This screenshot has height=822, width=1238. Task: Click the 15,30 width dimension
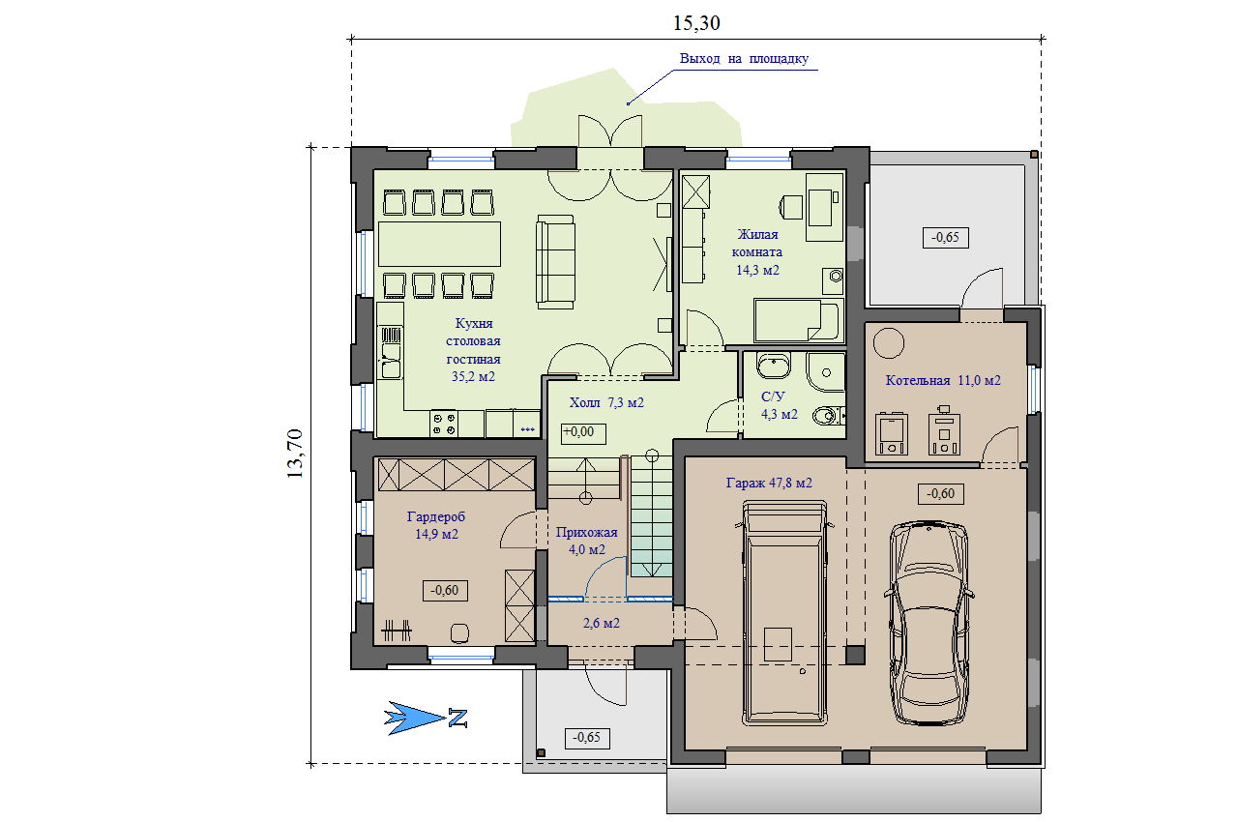696,23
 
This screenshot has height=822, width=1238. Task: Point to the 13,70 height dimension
295,454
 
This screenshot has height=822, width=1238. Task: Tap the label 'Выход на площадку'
744,59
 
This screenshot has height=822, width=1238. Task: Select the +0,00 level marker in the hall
583,433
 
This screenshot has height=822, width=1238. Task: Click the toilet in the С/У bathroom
828,416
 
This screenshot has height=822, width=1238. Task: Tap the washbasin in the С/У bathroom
773,366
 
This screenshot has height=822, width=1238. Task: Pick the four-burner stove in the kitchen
444,424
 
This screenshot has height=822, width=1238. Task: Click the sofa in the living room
555,262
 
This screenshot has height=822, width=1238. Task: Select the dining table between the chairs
439,244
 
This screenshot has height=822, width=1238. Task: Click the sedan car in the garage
929,623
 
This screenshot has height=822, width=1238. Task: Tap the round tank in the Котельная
888,343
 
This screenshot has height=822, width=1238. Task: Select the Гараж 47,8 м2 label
769,484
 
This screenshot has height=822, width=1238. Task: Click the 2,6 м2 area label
601,623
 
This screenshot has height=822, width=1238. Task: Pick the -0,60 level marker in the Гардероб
445,591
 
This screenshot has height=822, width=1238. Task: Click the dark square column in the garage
855,655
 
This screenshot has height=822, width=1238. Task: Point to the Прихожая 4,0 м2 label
586,541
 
